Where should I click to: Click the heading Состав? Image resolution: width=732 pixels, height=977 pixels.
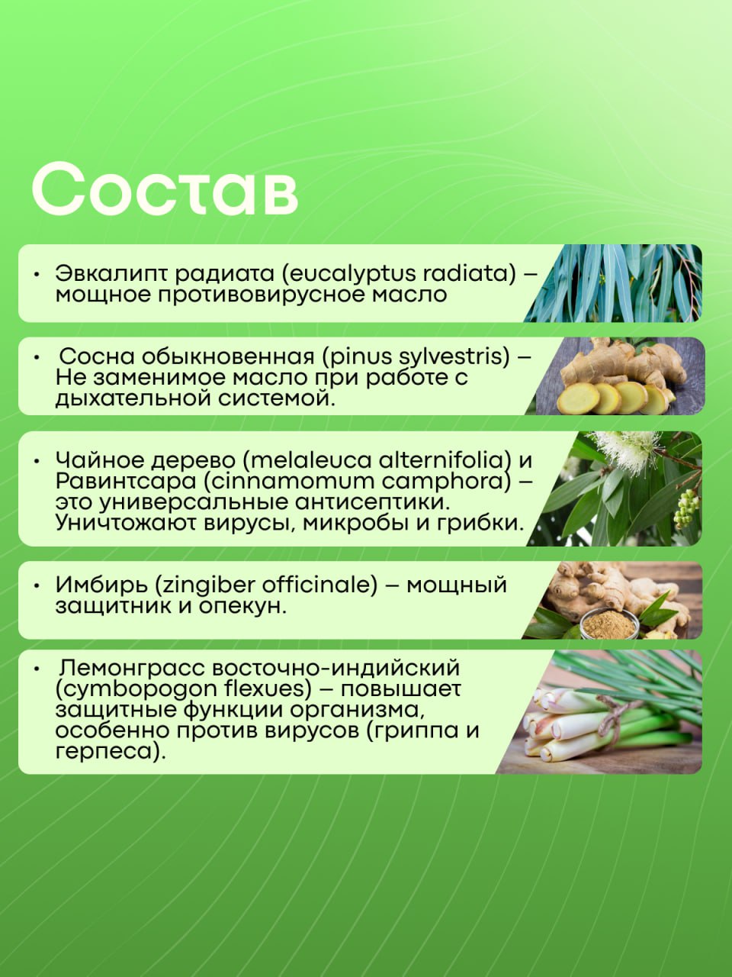pyautogui.click(x=165, y=189)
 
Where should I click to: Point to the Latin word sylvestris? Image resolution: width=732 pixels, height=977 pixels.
pyautogui.click(x=448, y=357)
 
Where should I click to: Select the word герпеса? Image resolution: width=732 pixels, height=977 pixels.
pyautogui.click(x=107, y=752)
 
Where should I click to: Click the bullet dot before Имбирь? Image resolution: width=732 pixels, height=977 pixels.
pyautogui.click(x=37, y=585)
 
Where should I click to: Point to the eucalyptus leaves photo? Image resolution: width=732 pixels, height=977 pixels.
pyautogui.click(x=613, y=283)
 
